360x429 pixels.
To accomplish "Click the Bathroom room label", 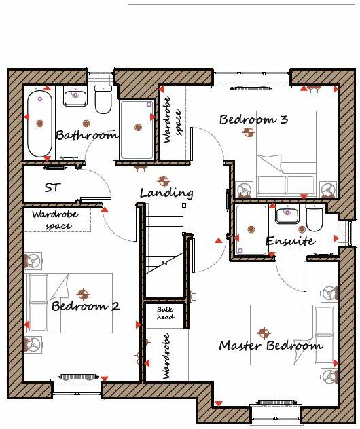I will coord(86,136).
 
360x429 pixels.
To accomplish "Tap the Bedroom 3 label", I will coord(253,120).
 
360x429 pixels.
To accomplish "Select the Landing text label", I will coord(166,193).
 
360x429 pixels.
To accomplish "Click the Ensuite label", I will coord(289,242).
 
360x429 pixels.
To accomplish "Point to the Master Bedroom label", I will coord(270,346).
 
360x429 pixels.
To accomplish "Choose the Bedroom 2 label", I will coord(86,307).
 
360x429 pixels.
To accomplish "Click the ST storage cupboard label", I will coord(52,187).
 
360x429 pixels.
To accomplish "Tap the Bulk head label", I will coord(165,314).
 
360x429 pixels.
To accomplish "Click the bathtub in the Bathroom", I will coord(39,124).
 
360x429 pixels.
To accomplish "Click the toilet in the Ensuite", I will coord(314,219).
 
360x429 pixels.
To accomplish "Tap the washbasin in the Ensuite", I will coord(287,216).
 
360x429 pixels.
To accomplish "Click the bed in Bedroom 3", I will coord(285,155).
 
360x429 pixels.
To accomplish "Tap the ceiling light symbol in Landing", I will coord(162,181).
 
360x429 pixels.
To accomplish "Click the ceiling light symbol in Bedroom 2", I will coord(83,294).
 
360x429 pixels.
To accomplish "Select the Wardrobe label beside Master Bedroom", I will coord(165,355).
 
